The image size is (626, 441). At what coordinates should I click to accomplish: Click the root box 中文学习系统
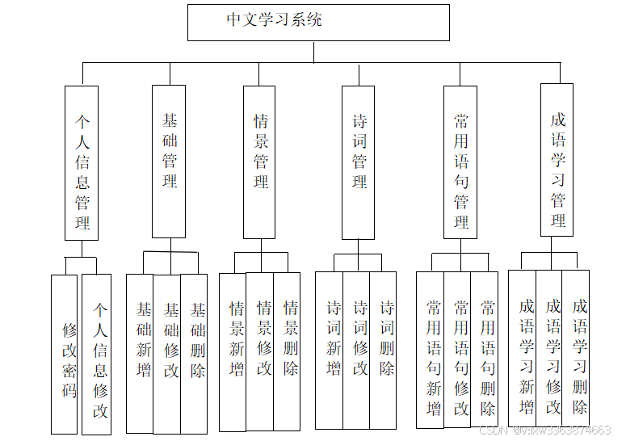[318, 22]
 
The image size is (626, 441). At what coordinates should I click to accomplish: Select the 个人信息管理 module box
[82, 163]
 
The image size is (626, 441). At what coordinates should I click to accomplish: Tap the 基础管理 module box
[169, 161]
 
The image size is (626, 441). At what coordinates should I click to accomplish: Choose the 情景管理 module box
[259, 162]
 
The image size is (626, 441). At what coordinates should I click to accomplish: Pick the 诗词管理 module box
[358, 162]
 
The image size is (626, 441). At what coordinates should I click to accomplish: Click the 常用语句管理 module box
[460, 162]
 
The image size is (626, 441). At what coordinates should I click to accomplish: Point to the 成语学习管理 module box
[557, 160]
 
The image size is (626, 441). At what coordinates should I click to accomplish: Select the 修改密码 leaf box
[65, 354]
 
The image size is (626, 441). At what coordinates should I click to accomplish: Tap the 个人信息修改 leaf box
[97, 354]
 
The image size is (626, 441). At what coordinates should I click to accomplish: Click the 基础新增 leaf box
[141, 353]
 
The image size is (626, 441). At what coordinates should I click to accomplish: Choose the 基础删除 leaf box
[195, 353]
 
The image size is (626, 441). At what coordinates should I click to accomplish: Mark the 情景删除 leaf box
[288, 351]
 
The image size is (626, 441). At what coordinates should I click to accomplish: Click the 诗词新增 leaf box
[330, 350]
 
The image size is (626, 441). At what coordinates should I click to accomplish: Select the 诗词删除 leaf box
[384, 350]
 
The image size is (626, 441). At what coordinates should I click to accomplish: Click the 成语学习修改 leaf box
[550, 346]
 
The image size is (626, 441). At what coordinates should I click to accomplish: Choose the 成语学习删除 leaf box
[577, 346]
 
